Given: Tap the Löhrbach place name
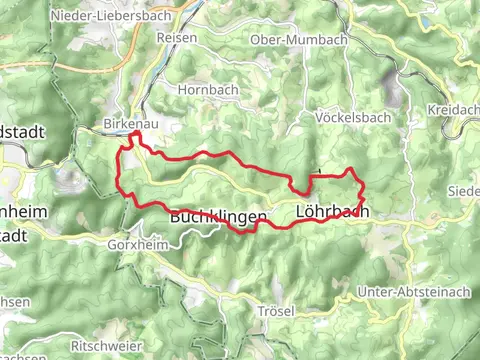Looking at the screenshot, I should [x=333, y=211].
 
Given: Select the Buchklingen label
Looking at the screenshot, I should [x=217, y=215].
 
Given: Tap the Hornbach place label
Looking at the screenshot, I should [x=204, y=89].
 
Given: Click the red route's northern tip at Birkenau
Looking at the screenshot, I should [x=134, y=133].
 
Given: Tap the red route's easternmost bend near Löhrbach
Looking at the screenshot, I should [x=362, y=185].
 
